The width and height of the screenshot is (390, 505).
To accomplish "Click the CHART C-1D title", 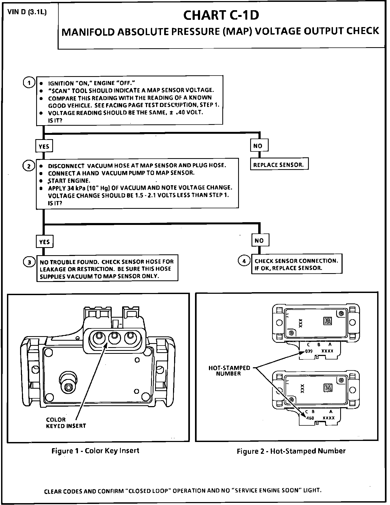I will (221, 15).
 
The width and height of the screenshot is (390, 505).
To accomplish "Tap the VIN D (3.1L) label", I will (27, 13).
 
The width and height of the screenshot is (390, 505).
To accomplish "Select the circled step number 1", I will (29, 83).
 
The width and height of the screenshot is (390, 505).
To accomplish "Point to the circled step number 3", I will (29, 262).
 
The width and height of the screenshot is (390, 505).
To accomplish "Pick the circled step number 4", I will (244, 261).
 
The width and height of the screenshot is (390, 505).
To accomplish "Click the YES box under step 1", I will (44, 146).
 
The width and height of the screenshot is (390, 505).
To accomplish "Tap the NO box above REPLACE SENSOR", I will (259, 146).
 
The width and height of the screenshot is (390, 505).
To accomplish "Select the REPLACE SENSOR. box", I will (279, 165).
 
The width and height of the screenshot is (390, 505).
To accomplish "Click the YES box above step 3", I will (44, 242).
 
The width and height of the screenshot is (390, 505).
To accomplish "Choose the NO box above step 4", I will (260, 240).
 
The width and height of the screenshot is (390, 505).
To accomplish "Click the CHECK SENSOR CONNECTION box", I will (296, 264).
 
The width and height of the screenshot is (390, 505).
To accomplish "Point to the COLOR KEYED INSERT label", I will (66, 423).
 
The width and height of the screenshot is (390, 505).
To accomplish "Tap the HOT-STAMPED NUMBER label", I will (229, 371).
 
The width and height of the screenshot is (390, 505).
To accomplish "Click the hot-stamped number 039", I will (309, 351).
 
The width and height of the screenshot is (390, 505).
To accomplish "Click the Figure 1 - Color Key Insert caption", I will (95, 451).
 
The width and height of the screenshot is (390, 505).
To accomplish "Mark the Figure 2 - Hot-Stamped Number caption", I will (291, 451).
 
